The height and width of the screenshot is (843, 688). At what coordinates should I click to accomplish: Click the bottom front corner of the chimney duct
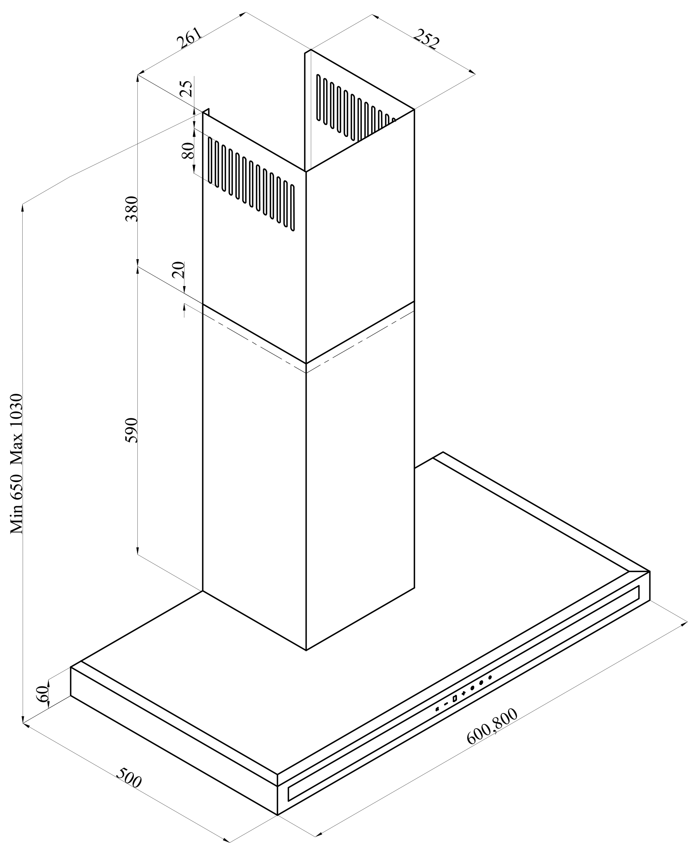coord(306,650)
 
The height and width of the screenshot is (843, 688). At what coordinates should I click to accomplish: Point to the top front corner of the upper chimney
coord(306,172)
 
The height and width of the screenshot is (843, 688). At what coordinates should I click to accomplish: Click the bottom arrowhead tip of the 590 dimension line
coord(138,555)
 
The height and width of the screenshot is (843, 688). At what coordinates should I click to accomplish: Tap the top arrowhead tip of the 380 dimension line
coord(138,75)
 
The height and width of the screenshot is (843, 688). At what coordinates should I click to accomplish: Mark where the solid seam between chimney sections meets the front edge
coord(306,363)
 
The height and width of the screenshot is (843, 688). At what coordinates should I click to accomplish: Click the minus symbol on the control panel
coord(446,704)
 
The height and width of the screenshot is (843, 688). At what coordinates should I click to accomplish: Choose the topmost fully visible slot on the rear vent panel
coord(318,97)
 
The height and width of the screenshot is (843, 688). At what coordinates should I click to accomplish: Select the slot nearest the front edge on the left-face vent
coord(292,208)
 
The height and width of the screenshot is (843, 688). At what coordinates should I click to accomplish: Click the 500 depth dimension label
coord(129,778)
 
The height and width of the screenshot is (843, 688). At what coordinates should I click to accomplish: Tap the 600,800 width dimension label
coord(492,726)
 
